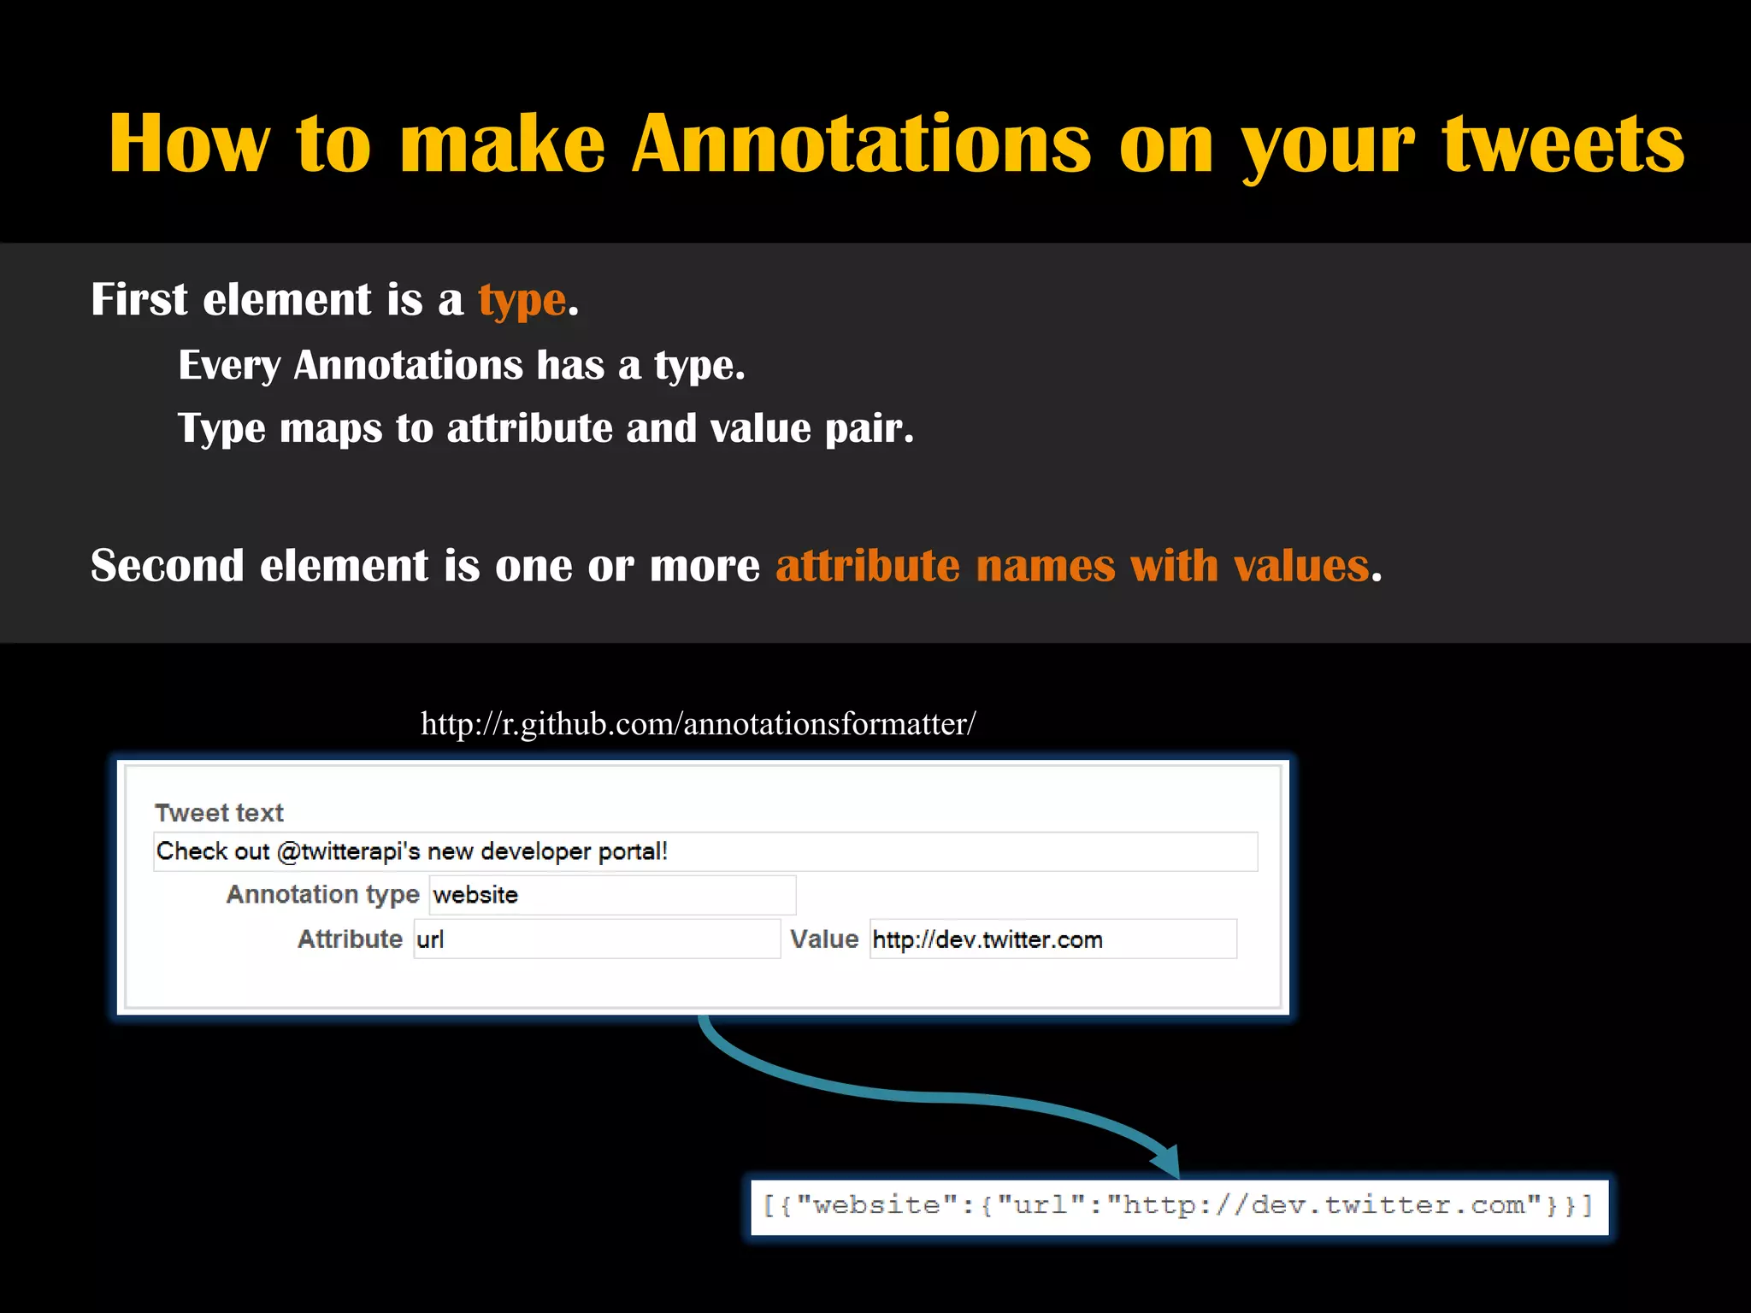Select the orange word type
[522, 301]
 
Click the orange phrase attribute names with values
[1072, 566]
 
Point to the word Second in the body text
[167, 566]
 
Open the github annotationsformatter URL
[698, 724]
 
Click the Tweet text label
[219, 812]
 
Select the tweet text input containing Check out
[705, 851]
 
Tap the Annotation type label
[322, 894]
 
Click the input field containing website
[612, 895]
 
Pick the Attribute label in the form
[350, 939]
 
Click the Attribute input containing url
[597, 939]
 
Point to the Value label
[823, 939]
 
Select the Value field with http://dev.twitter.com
[1052, 939]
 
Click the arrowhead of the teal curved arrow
[1168, 1163]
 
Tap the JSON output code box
[1179, 1206]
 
